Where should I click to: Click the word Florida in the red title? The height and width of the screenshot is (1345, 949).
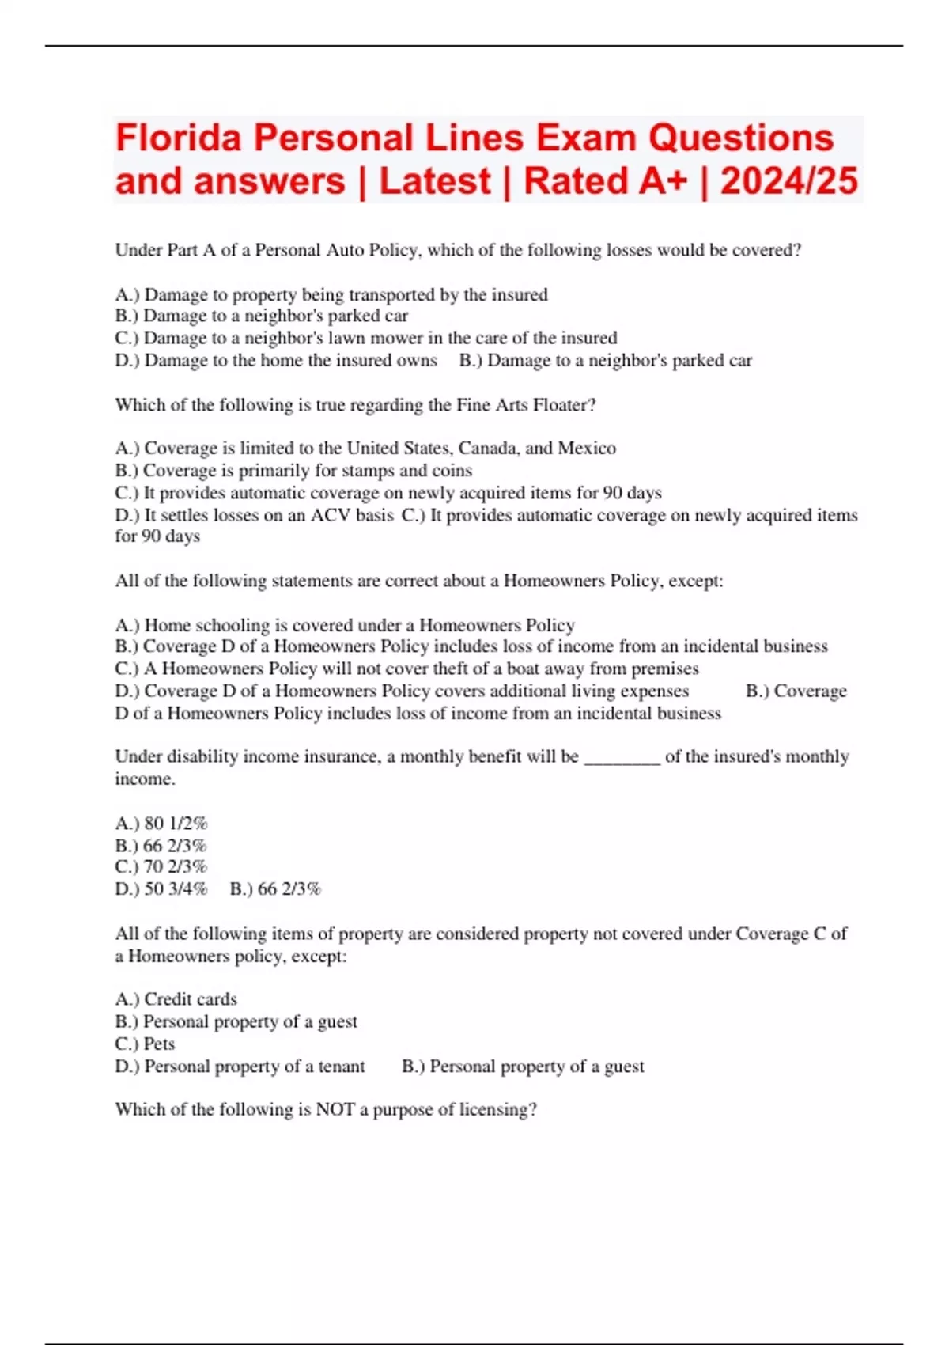178,138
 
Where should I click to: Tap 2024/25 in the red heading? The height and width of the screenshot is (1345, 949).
788,181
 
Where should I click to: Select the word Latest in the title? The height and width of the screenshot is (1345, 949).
435,181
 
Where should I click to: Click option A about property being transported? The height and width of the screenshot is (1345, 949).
331,295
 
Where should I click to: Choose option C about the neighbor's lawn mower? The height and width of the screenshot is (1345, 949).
365,338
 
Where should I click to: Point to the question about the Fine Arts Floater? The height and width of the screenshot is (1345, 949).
355,405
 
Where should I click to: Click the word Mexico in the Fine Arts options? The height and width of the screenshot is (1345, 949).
587,449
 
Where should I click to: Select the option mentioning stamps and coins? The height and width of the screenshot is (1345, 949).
293,471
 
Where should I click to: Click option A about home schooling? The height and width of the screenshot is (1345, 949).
345,625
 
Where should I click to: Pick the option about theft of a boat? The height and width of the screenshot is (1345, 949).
406,669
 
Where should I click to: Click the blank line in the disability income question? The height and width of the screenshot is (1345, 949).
622,758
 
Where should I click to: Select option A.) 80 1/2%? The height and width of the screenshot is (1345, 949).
161,824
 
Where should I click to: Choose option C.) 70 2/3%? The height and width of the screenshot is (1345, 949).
161,867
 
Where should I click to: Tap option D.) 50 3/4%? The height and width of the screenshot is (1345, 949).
161,889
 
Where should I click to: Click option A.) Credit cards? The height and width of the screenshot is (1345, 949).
176,999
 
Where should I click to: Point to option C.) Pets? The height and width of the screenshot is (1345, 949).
145,1044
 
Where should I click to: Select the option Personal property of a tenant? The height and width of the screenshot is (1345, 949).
240,1067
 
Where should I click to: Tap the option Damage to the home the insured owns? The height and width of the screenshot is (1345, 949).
276,361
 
